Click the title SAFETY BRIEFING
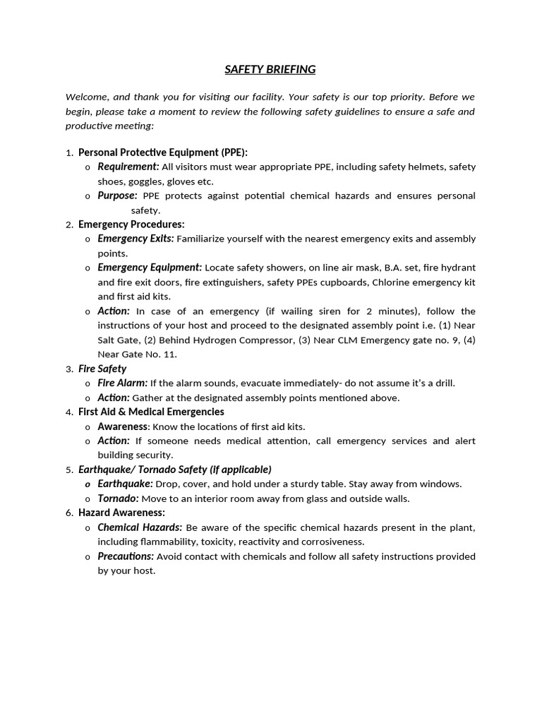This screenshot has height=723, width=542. [270, 69]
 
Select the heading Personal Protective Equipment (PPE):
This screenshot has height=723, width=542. [163, 153]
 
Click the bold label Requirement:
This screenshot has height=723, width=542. [128, 167]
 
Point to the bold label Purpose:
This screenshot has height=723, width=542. [117, 196]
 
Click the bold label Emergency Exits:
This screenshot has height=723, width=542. [135, 239]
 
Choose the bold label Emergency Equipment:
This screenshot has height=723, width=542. [150, 268]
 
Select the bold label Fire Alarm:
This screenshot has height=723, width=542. [122, 383]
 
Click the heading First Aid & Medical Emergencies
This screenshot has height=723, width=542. [151, 412]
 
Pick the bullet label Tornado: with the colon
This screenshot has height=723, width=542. [117, 498]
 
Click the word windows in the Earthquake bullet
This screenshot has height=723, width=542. [442, 484]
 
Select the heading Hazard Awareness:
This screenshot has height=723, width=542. [121, 513]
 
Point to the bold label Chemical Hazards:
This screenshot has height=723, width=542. [140, 527]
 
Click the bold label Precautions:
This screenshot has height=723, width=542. [126, 556]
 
